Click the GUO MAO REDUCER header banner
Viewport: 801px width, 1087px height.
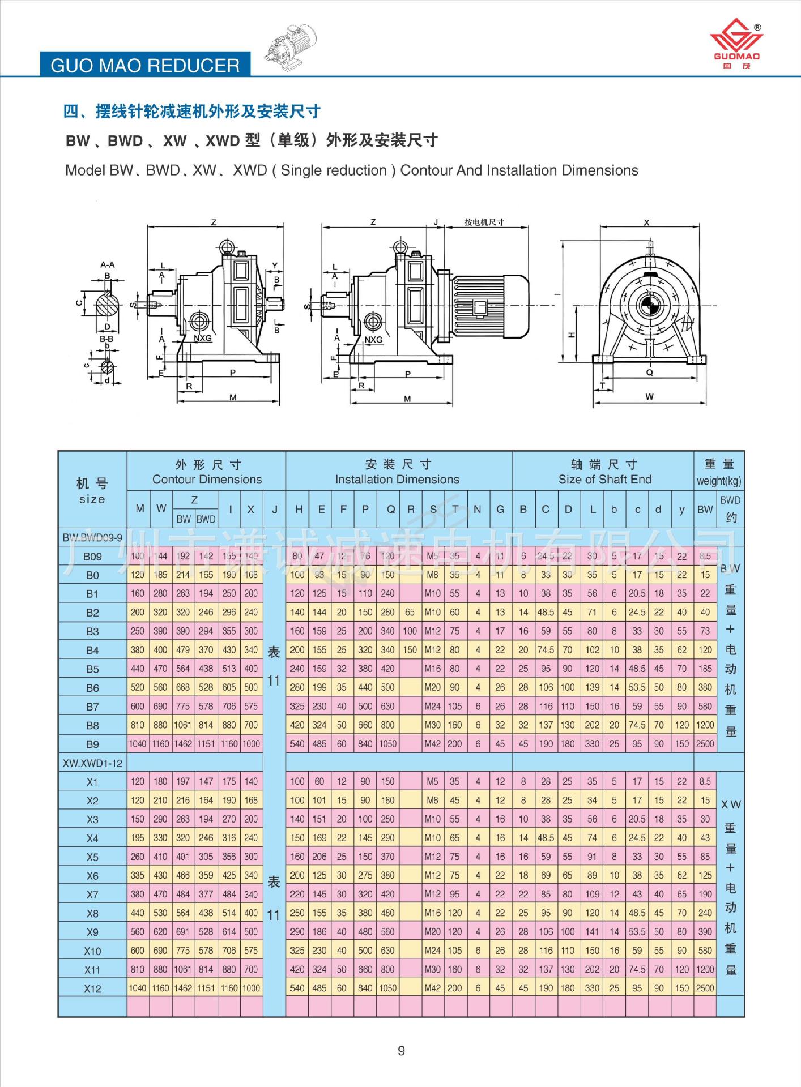click(145, 65)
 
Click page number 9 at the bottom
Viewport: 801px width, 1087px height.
click(401, 1051)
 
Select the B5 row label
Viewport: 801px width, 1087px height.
click(92, 669)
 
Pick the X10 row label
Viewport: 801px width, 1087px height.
click(92, 951)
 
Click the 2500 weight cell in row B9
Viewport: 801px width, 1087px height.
click(705, 744)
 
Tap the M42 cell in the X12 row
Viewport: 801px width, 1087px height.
click(432, 988)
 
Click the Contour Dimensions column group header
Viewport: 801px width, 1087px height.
click(207, 479)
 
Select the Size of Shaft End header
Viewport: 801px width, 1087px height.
click(604, 479)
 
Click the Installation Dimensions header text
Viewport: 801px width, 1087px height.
click(397, 479)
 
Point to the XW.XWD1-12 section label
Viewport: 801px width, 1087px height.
click(92, 763)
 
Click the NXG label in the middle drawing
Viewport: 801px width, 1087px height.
click(373, 340)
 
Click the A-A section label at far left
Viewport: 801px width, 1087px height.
click(108, 264)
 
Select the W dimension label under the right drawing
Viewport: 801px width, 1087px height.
click(649, 396)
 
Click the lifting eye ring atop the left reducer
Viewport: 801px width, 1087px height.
click(225, 247)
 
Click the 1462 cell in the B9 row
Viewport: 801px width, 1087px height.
click(182, 744)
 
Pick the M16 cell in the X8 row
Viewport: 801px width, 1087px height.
click(432, 913)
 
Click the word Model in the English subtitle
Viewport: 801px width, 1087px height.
click(85, 170)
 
